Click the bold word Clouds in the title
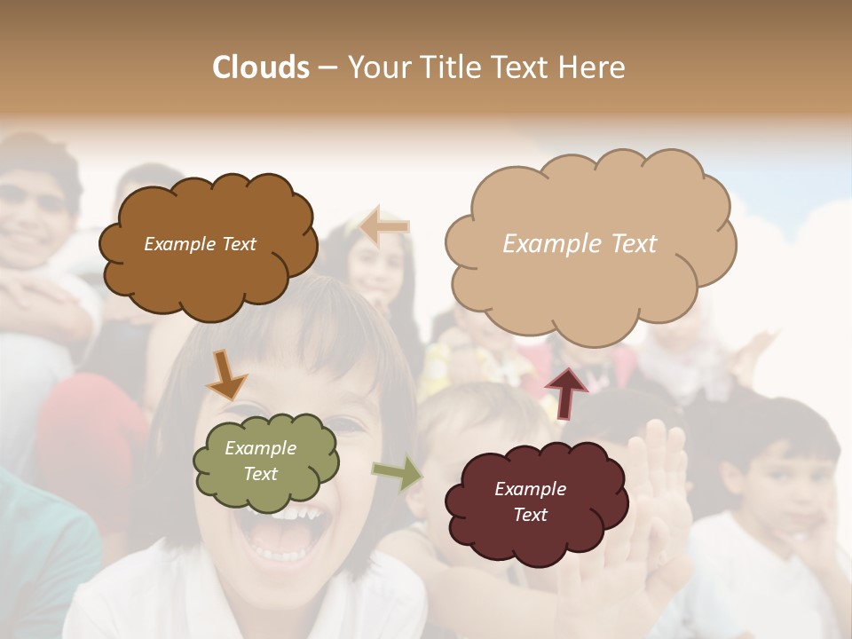coord(261,67)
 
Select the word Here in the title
coord(591,67)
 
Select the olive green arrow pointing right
coord(397,473)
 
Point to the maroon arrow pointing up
coord(565,392)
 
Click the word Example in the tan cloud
coord(547,244)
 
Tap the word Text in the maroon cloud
coord(530,515)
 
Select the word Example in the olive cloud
coord(260,448)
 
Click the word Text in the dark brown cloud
coord(238,244)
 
